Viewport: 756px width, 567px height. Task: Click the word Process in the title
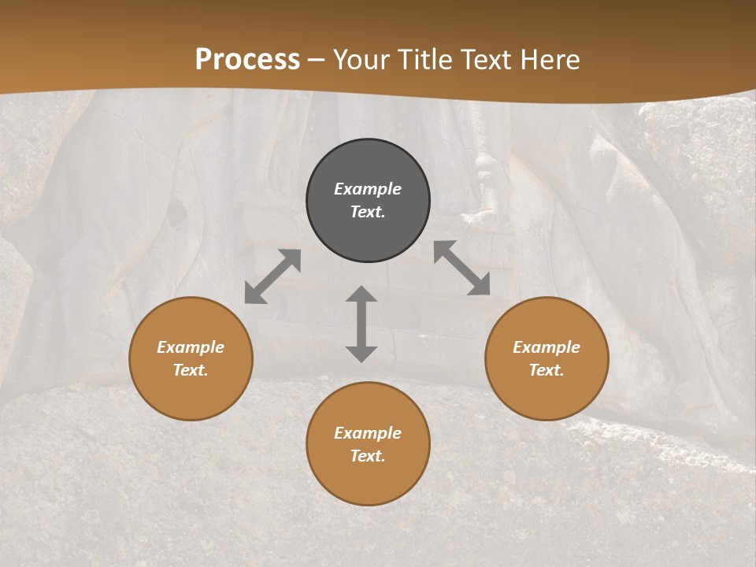(247, 59)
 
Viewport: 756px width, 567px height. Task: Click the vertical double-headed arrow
(361, 324)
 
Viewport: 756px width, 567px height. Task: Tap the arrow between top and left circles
(272, 276)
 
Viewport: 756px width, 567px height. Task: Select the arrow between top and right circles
(461, 268)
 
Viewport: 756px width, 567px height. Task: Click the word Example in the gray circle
(368, 189)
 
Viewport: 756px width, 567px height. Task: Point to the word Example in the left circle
(191, 347)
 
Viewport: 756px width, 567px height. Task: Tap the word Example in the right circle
(547, 347)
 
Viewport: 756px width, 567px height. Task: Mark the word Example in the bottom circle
(368, 433)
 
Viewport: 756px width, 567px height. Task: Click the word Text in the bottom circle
(368, 456)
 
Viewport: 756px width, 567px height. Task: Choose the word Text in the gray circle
(368, 212)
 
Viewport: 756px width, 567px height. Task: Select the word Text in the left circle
(191, 370)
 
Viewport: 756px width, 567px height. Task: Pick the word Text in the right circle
(547, 370)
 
